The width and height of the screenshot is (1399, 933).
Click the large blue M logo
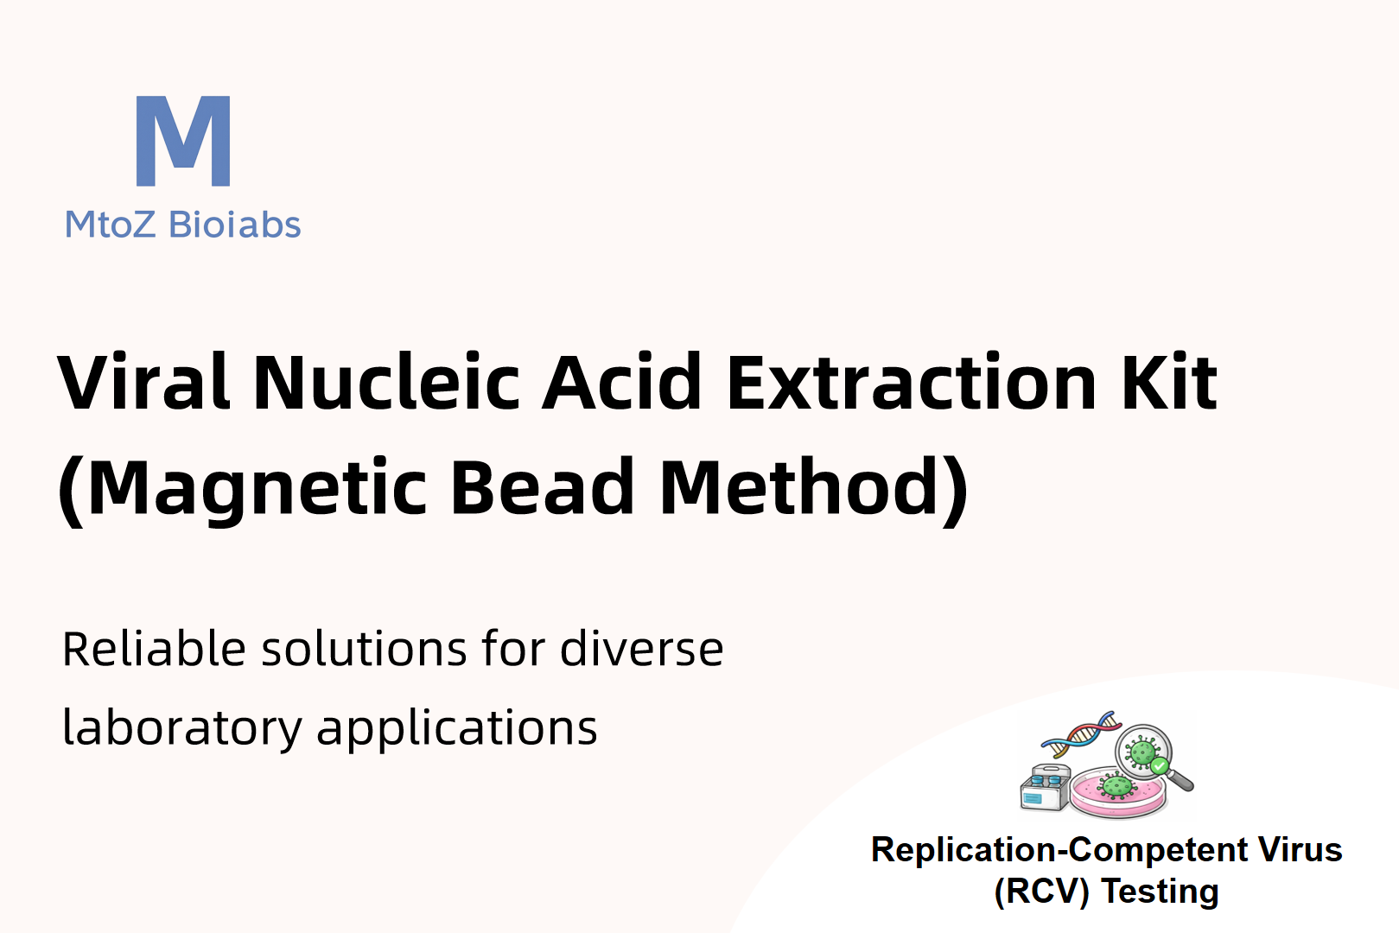[183, 141]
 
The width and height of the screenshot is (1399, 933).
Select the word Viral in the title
[143, 382]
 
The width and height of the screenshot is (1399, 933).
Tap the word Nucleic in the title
[386, 382]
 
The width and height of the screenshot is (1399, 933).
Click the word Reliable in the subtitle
[154, 649]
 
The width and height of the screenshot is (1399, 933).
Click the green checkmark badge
[1160, 765]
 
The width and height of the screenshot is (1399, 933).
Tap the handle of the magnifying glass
[1180, 781]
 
